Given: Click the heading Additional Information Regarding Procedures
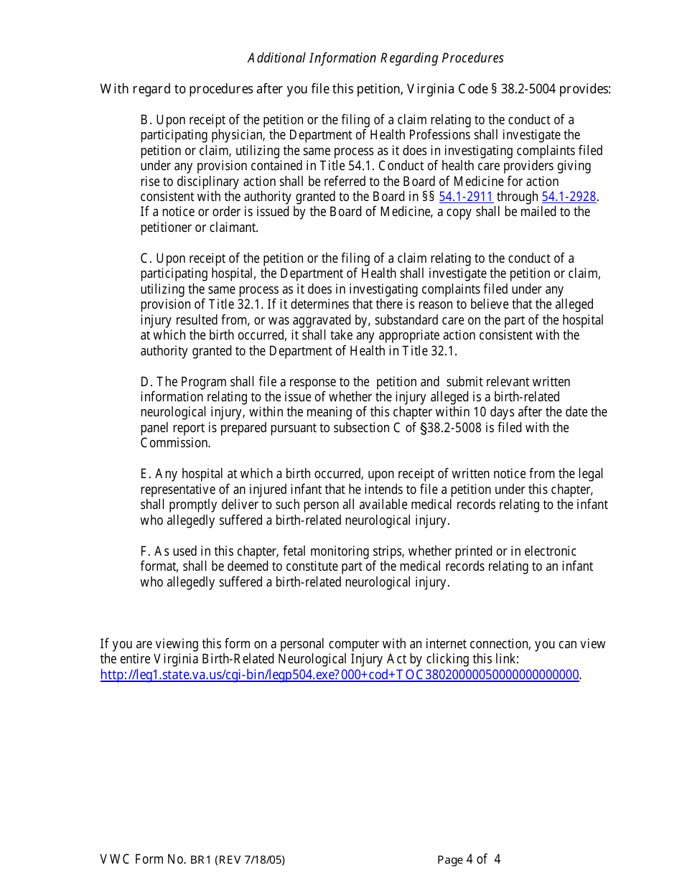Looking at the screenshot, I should click(375, 58).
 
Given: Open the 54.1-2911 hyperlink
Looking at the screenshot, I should click(465, 197).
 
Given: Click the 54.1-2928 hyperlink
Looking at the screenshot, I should click(569, 197).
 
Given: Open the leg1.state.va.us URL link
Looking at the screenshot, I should click(340, 674).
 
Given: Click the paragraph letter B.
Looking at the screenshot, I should click(145, 120).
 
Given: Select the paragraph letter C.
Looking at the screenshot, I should click(145, 258).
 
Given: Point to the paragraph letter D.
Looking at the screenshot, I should click(145, 382).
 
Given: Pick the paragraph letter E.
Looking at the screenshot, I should click(145, 474).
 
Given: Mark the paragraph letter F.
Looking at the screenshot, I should click(145, 551).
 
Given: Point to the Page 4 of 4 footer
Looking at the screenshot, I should click(469, 859).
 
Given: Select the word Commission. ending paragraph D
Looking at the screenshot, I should click(175, 443).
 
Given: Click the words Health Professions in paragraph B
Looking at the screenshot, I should click(423, 135).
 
